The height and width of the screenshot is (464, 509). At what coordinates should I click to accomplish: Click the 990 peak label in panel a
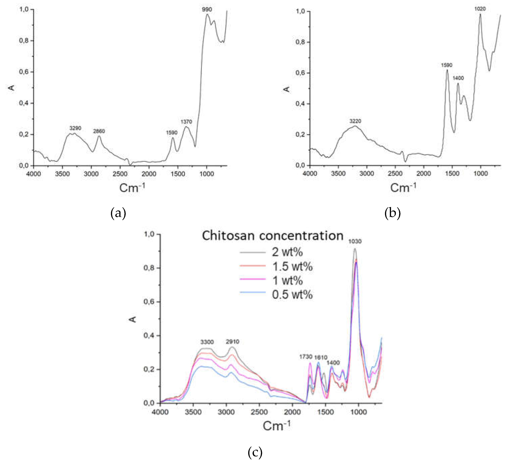click(207, 9)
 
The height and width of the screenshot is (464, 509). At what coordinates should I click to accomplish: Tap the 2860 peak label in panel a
click(99, 131)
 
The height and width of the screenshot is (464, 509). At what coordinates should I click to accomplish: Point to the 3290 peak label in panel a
click(75, 128)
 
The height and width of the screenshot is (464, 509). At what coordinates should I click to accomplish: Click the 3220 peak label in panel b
click(355, 121)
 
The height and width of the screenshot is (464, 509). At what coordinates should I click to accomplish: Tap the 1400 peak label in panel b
click(458, 78)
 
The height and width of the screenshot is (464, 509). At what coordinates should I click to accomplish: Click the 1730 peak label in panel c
click(306, 357)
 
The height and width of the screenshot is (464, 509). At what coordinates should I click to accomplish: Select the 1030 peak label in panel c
click(355, 241)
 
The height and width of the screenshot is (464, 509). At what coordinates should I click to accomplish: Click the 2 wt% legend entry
click(287, 252)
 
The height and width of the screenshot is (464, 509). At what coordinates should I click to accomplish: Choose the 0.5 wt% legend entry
click(292, 295)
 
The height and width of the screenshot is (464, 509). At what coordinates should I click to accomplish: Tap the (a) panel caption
click(118, 213)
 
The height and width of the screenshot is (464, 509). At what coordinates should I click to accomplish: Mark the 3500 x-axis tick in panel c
click(193, 412)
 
